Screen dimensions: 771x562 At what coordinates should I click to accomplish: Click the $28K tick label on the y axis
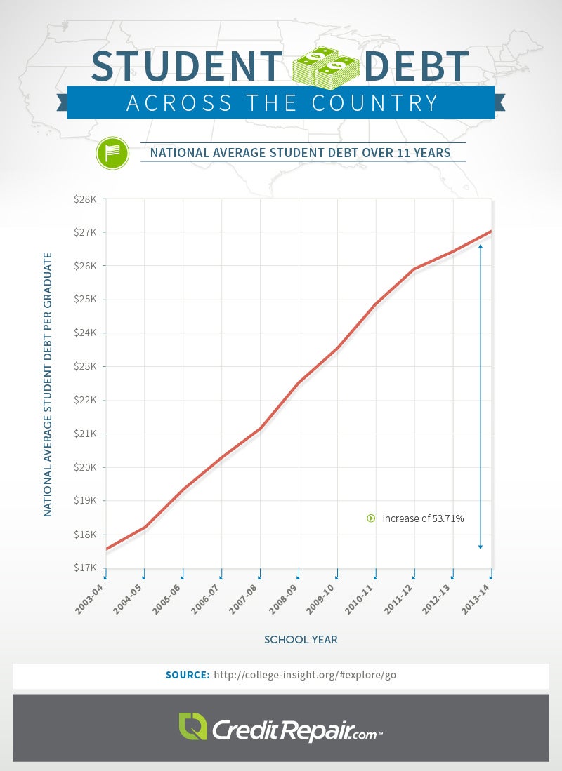click(x=86, y=199)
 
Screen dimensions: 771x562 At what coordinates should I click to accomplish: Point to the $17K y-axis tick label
click(x=86, y=568)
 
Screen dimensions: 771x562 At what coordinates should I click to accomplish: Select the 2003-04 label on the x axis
click(x=89, y=600)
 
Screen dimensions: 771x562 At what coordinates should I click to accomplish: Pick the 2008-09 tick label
click(x=282, y=600)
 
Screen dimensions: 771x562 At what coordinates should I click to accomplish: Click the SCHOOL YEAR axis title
click(x=301, y=639)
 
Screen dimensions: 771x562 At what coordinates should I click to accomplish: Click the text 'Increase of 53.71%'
click(x=423, y=518)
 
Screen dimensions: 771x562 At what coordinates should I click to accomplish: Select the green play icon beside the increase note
click(x=371, y=518)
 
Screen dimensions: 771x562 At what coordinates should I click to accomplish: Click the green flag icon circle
click(x=112, y=152)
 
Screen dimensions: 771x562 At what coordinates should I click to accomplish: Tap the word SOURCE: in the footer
click(x=188, y=675)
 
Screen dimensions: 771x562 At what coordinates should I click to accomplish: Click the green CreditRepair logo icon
click(x=192, y=727)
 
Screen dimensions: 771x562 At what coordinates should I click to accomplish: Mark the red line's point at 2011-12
click(x=414, y=269)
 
